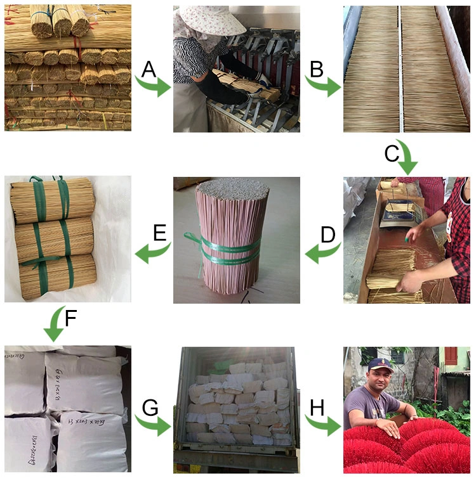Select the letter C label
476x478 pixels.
pyautogui.click(x=392, y=153)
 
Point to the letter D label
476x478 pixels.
pyautogui.click(x=327, y=235)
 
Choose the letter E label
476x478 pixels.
pyautogui.click(x=159, y=233)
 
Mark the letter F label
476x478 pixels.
pyautogui.click(x=71, y=318)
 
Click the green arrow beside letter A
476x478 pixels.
pyautogui.click(x=155, y=86)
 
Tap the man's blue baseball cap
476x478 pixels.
pyautogui.click(x=380, y=365)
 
